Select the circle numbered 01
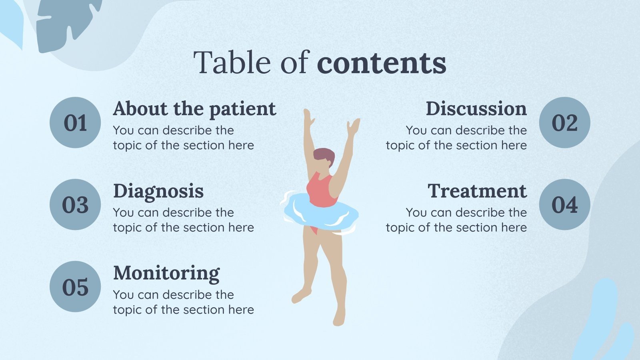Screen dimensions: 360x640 point(75,122)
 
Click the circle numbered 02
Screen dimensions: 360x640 point(564,122)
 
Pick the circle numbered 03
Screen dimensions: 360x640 point(75,204)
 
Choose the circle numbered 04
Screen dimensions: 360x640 point(564,204)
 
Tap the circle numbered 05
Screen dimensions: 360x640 point(75,286)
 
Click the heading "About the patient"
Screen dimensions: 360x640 point(194,109)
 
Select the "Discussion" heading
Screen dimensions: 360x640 point(476,109)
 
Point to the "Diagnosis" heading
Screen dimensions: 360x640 point(158,191)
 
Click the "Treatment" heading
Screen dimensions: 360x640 point(477,191)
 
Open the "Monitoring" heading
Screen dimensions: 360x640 point(166,273)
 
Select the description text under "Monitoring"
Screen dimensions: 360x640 point(183,302)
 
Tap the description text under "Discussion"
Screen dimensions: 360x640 point(456,138)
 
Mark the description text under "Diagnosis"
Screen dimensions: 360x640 point(183,220)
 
